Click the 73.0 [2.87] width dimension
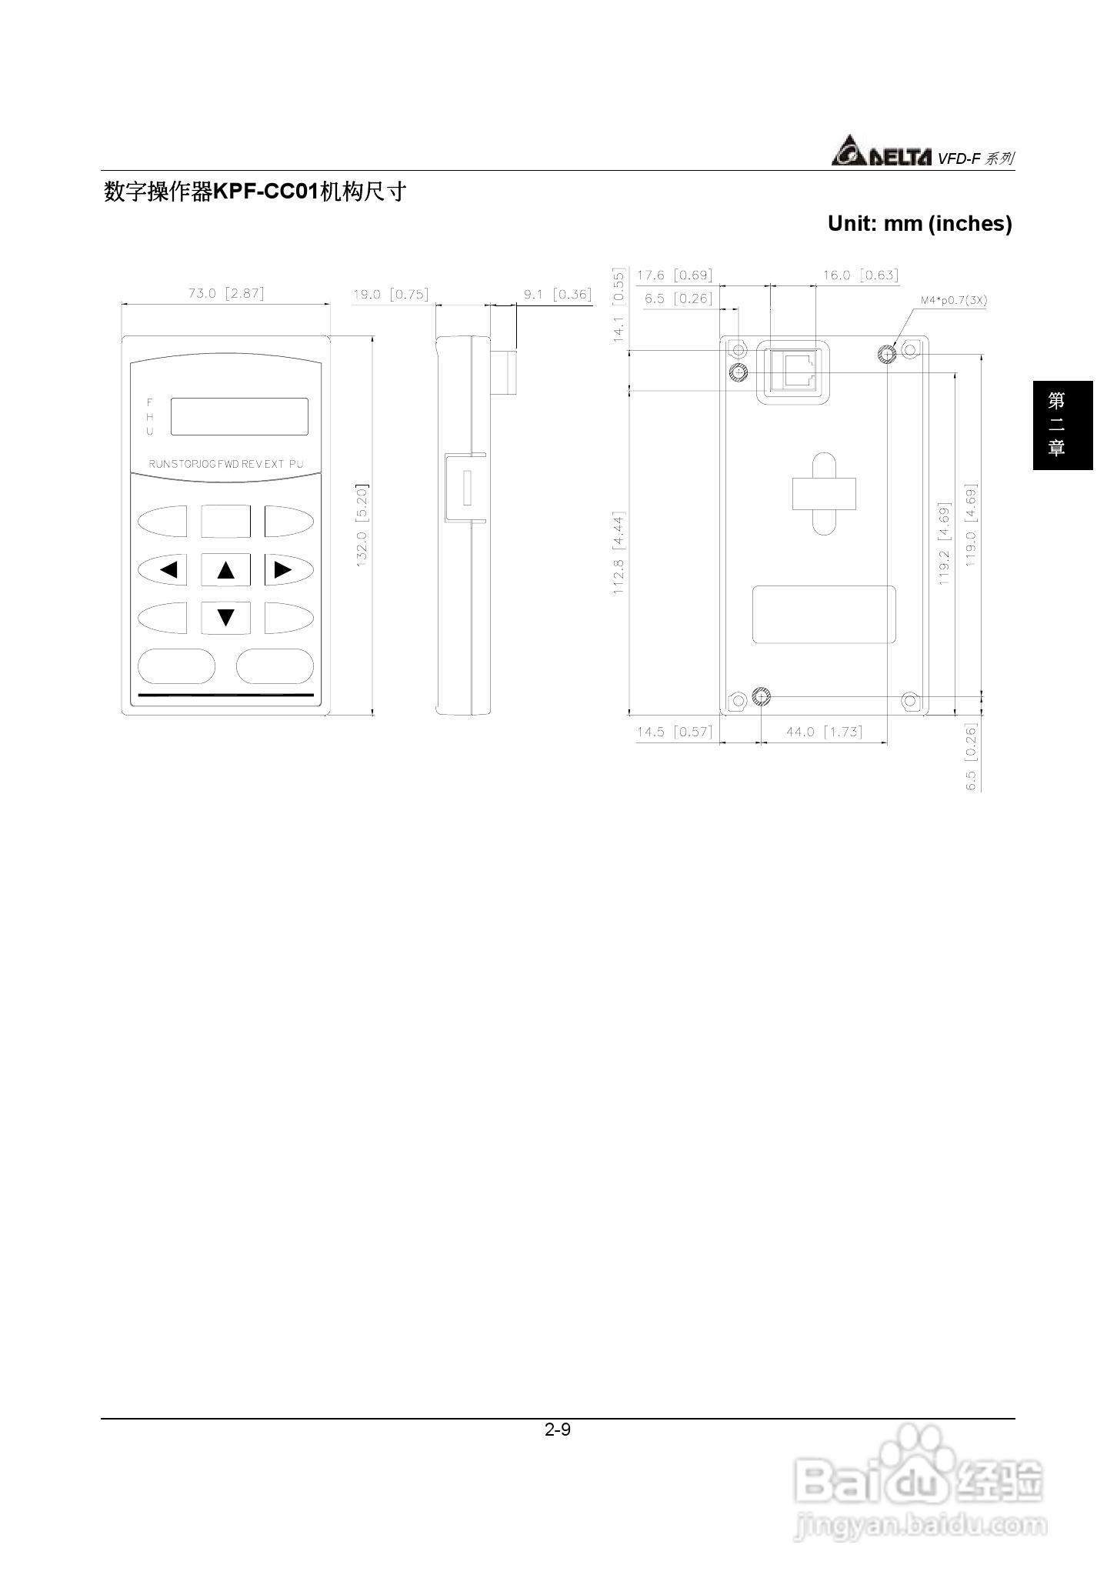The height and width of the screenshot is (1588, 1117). pyautogui.click(x=225, y=293)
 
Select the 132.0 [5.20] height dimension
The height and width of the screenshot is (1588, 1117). pyautogui.click(x=362, y=525)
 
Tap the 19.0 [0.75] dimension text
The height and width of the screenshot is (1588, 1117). pyautogui.click(x=390, y=294)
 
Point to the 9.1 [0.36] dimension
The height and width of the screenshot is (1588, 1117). pyautogui.click(x=557, y=294)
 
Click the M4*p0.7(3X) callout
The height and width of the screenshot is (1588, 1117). pyautogui.click(x=953, y=300)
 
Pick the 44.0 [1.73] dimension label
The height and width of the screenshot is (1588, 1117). pyautogui.click(x=823, y=731)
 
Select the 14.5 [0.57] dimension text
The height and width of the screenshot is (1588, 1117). pyautogui.click(x=674, y=731)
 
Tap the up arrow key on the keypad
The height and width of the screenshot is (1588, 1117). pyautogui.click(x=225, y=570)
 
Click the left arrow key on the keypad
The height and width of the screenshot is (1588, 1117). pyautogui.click(x=163, y=570)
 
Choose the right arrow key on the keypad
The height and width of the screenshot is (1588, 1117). pyautogui.click(x=288, y=570)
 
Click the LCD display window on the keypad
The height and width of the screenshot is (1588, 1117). pyautogui.click(x=239, y=416)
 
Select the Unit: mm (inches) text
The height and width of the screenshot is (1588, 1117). pyautogui.click(x=919, y=224)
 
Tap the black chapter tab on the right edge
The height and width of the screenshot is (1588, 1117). pyautogui.click(x=1062, y=425)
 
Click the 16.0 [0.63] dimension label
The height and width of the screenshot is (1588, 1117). pyautogui.click(x=859, y=275)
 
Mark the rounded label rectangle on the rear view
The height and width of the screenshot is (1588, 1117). pyautogui.click(x=823, y=614)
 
